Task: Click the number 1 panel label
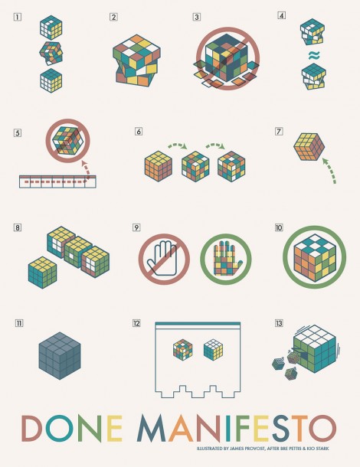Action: (x=18, y=17)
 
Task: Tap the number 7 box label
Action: (x=279, y=132)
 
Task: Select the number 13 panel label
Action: (x=279, y=323)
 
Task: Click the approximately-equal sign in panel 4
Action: (x=314, y=55)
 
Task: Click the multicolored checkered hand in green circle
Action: (x=226, y=258)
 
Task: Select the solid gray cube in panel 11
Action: (x=60, y=356)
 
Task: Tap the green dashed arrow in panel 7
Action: (x=330, y=170)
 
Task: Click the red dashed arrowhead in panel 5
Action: (x=84, y=163)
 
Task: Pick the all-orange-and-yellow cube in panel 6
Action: (x=159, y=166)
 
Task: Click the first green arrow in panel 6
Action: (x=177, y=146)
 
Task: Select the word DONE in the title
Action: (x=72, y=428)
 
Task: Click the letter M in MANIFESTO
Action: (x=152, y=428)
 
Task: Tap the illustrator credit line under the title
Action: (x=263, y=448)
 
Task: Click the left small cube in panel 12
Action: (x=183, y=349)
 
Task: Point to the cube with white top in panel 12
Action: (x=214, y=350)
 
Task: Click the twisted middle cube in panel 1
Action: (x=51, y=54)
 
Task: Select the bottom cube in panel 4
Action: (x=314, y=77)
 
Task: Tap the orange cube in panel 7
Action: (x=309, y=147)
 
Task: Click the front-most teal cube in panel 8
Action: (x=42, y=273)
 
